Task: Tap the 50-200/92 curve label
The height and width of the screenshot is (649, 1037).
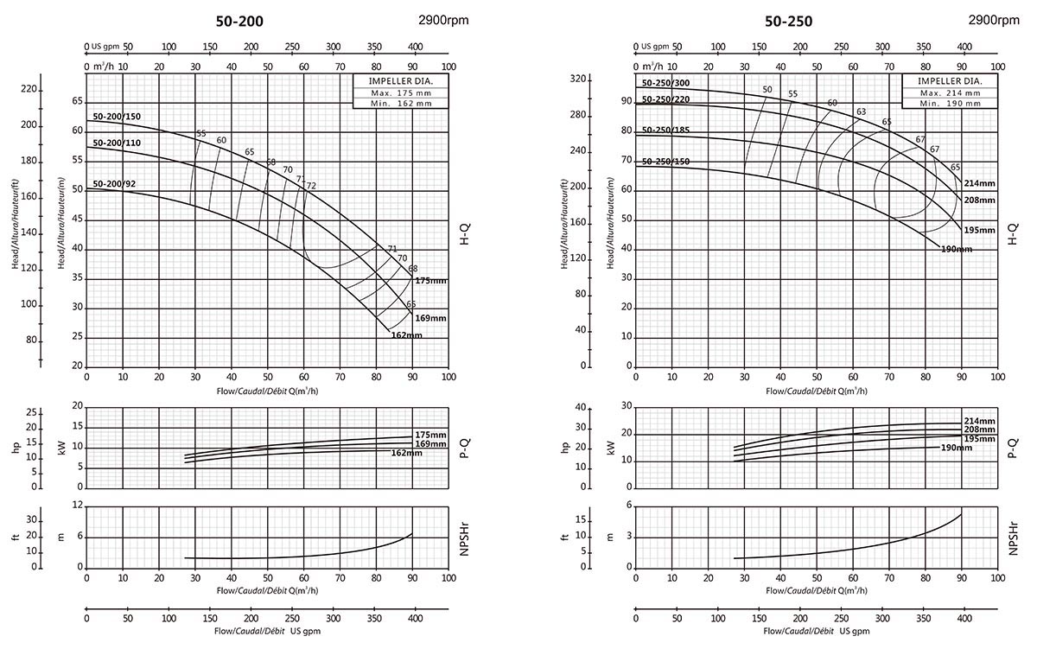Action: (113, 183)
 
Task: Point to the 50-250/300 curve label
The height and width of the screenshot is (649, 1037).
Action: (665, 83)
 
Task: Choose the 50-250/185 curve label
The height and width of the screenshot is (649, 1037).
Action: (665, 130)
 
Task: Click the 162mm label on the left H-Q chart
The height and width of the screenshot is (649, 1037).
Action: (406, 335)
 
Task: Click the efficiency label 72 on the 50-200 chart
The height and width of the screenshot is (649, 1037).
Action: (311, 186)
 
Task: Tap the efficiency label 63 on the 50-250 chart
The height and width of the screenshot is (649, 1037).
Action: (861, 111)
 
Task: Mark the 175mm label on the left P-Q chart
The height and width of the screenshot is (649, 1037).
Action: (430, 434)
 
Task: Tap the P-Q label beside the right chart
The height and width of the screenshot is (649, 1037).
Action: (1012, 447)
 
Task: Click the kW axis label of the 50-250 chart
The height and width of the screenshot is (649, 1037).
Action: (611, 448)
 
